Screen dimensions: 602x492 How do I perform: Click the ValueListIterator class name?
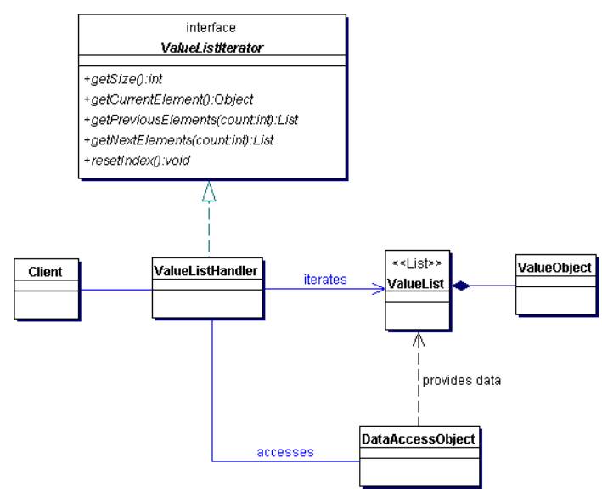tap(211, 48)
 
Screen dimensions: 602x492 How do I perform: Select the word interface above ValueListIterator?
tap(211, 28)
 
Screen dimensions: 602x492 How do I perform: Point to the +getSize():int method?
tap(123, 79)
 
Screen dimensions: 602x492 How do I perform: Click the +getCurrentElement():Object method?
tap(168, 99)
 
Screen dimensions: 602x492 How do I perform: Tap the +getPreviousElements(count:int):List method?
tap(191, 120)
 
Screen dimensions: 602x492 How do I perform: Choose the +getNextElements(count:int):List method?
tap(178, 140)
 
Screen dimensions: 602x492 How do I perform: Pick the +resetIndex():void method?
tap(137, 161)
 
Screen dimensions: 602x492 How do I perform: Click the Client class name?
tap(45, 272)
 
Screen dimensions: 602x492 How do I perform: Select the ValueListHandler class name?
tap(205, 271)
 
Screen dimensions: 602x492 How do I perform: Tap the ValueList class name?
tap(415, 284)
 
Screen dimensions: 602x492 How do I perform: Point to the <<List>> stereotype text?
tap(417, 263)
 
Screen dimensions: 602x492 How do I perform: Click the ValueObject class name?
tap(554, 268)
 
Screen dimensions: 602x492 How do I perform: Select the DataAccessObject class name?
tap(419, 439)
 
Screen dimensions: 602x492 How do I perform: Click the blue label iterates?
tap(325, 279)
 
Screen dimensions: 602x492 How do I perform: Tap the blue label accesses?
tap(285, 452)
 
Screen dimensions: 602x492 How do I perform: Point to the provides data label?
tap(462, 381)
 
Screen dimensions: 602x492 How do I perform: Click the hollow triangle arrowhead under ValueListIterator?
tap(209, 191)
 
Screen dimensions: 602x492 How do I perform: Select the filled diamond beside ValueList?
tap(461, 286)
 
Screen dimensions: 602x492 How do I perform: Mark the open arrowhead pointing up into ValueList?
tap(419, 339)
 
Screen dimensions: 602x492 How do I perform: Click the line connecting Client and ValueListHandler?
tap(115, 290)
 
